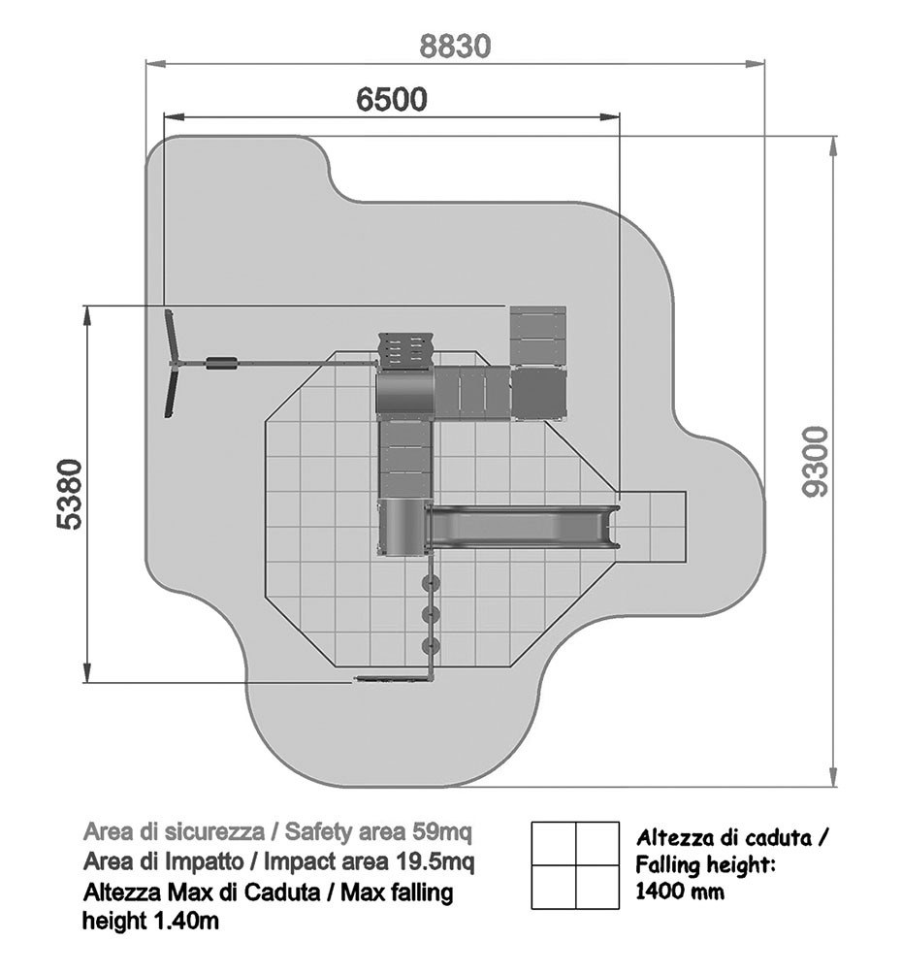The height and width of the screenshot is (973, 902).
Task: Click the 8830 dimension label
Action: pyautogui.click(x=455, y=46)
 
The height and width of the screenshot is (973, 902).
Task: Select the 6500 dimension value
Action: pyautogui.click(x=392, y=99)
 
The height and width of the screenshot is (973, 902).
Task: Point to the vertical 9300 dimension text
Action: pyautogui.click(x=815, y=462)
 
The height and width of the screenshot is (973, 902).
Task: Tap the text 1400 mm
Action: pyautogui.click(x=680, y=892)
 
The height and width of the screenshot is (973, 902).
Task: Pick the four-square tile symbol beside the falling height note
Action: pyautogui.click(x=575, y=865)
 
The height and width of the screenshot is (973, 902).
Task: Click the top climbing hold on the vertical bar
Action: pyautogui.click(x=431, y=583)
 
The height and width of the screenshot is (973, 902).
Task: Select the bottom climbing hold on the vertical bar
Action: pyautogui.click(x=431, y=646)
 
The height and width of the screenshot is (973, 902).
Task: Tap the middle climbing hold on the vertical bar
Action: pyautogui.click(x=431, y=614)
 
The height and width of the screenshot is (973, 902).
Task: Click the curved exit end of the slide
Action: pyautogui.click(x=611, y=526)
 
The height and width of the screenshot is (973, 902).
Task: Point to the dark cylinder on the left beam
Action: pyautogui.click(x=221, y=363)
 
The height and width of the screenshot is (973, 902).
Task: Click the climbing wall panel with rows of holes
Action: pyautogui.click(x=404, y=351)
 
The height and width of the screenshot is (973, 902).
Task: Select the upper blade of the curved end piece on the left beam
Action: pyautogui.click(x=171, y=335)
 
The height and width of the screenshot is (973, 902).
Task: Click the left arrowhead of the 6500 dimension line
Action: pyautogui.click(x=173, y=115)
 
